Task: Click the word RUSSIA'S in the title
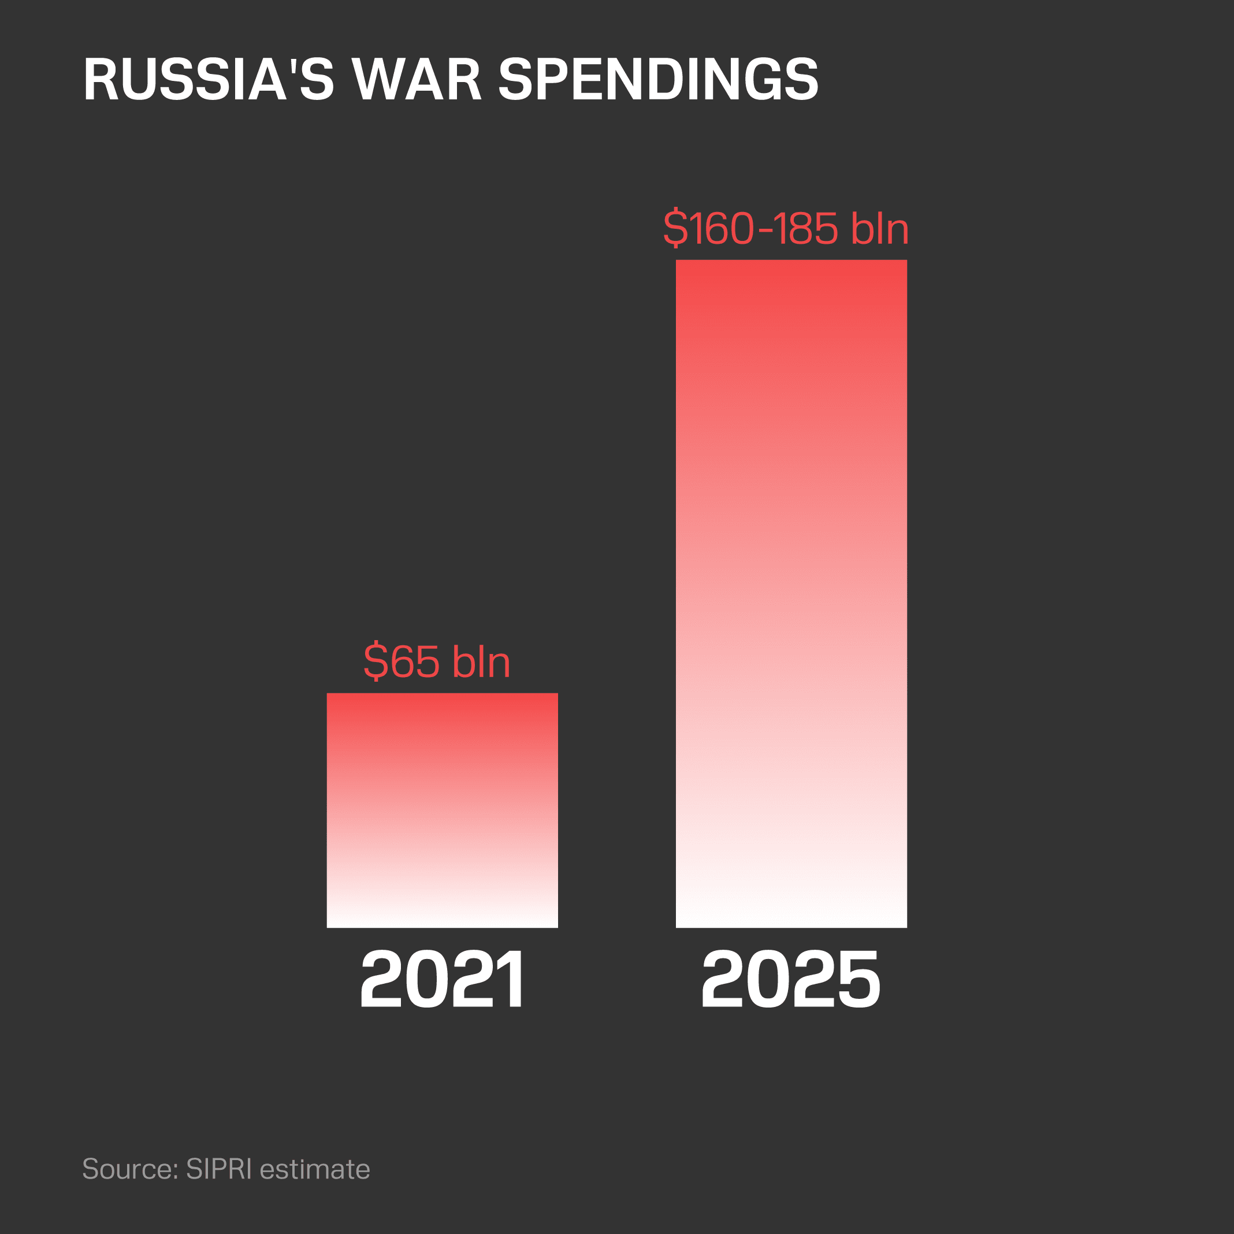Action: point(208,80)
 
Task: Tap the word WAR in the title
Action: point(417,80)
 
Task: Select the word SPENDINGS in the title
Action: point(658,80)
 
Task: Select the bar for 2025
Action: point(791,593)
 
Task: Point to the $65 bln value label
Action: point(437,661)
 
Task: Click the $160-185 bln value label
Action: point(786,228)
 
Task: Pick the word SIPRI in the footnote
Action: point(218,1169)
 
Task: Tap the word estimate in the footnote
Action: point(315,1169)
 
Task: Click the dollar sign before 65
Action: point(376,661)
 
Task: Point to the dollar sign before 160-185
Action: point(675,228)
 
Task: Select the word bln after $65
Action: point(481,661)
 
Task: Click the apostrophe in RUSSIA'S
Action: point(292,66)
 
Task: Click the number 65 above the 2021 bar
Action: point(415,661)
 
